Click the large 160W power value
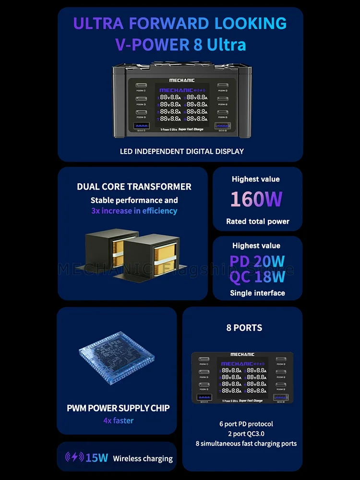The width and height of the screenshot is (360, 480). [256, 199]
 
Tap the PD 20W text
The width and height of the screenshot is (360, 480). [257, 262]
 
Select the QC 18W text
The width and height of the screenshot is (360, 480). [257, 277]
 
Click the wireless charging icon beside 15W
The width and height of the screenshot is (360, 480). [74, 457]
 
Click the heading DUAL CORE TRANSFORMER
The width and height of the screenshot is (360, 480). [134, 187]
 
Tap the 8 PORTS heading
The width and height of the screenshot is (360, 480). [244, 328]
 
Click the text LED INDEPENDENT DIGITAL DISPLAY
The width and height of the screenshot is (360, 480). [182, 151]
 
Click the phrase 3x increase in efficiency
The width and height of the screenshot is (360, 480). [134, 211]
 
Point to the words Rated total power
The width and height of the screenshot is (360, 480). [258, 221]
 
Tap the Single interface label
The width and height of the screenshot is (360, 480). [257, 293]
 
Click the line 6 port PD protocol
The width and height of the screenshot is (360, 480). [246, 424]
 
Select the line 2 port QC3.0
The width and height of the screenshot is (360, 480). [246, 433]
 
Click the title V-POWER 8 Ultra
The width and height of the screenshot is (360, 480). [180, 45]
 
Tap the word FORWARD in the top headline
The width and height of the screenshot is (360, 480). [170, 23]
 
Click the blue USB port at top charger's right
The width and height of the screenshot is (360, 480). [222, 126]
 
